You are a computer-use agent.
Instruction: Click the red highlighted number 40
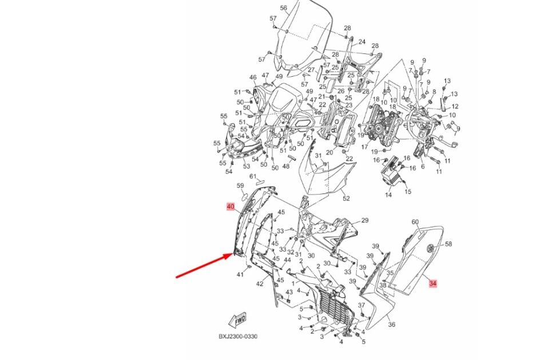click(230, 207)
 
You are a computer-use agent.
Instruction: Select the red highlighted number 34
click(433, 283)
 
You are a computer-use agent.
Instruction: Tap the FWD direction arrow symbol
click(236, 319)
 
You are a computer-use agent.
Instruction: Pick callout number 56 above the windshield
click(284, 8)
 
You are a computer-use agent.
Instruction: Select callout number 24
click(361, 42)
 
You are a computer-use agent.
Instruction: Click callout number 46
click(253, 77)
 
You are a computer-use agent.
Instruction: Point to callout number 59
click(240, 186)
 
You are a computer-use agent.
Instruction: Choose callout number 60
click(415, 222)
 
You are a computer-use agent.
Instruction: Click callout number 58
click(448, 244)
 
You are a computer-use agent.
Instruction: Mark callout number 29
click(365, 220)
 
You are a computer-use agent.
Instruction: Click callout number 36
click(392, 325)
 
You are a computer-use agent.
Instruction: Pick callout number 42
click(260, 284)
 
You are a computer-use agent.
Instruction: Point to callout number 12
click(455, 106)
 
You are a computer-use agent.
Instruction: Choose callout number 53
click(246, 167)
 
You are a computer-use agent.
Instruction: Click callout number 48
click(286, 167)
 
